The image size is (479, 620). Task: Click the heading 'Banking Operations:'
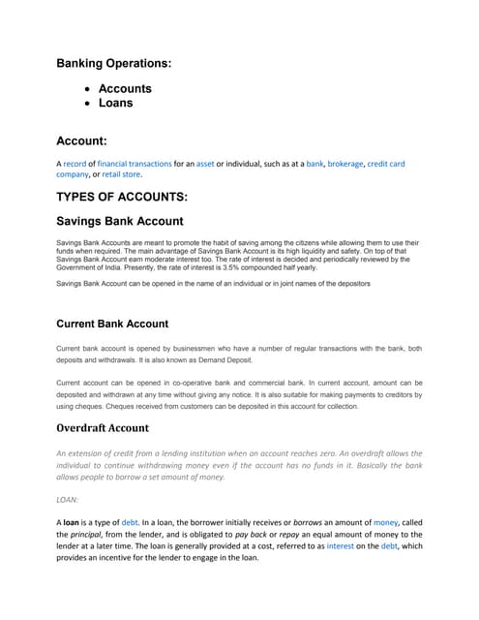pos(114,63)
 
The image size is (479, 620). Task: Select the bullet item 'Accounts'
pos(125,88)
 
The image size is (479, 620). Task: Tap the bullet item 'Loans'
pos(115,103)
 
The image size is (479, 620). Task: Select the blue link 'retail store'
pos(121,174)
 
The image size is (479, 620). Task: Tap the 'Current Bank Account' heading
pos(112,323)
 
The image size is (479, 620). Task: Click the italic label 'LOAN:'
pos(69,501)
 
